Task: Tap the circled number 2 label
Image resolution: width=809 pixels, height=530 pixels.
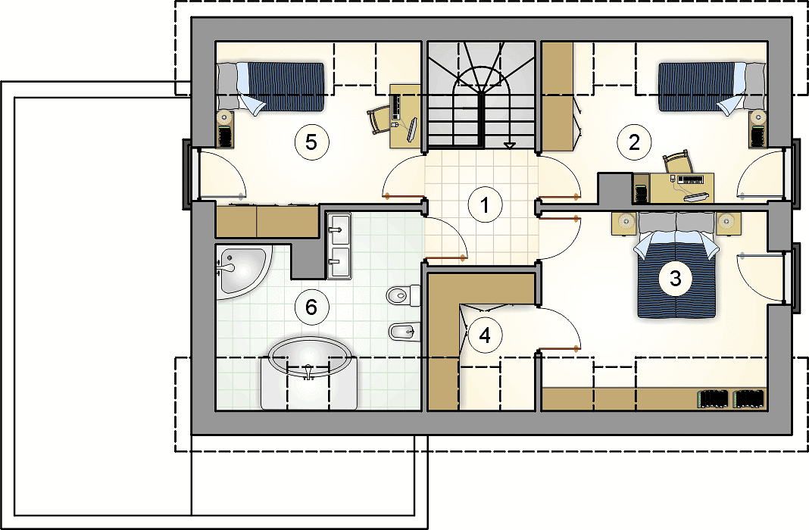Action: click(634, 142)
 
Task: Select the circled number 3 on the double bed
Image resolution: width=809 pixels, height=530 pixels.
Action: click(676, 279)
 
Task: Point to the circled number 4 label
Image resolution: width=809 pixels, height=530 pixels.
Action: click(485, 335)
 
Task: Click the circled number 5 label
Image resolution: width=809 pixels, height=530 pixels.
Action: click(311, 142)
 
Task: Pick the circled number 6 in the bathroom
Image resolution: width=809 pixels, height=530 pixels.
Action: click(311, 307)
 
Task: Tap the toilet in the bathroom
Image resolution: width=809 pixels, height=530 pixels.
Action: click(404, 295)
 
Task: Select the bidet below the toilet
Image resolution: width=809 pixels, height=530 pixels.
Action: click(404, 332)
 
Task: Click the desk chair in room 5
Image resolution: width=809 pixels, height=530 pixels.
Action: click(380, 120)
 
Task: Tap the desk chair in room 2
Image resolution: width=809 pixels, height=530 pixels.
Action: click(677, 162)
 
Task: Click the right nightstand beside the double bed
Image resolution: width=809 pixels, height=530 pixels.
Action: click(728, 223)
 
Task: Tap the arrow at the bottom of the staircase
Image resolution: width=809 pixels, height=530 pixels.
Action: click(509, 146)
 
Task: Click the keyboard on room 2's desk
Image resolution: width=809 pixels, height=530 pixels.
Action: click(689, 179)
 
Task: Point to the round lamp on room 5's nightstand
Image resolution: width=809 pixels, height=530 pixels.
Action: click(226, 117)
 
